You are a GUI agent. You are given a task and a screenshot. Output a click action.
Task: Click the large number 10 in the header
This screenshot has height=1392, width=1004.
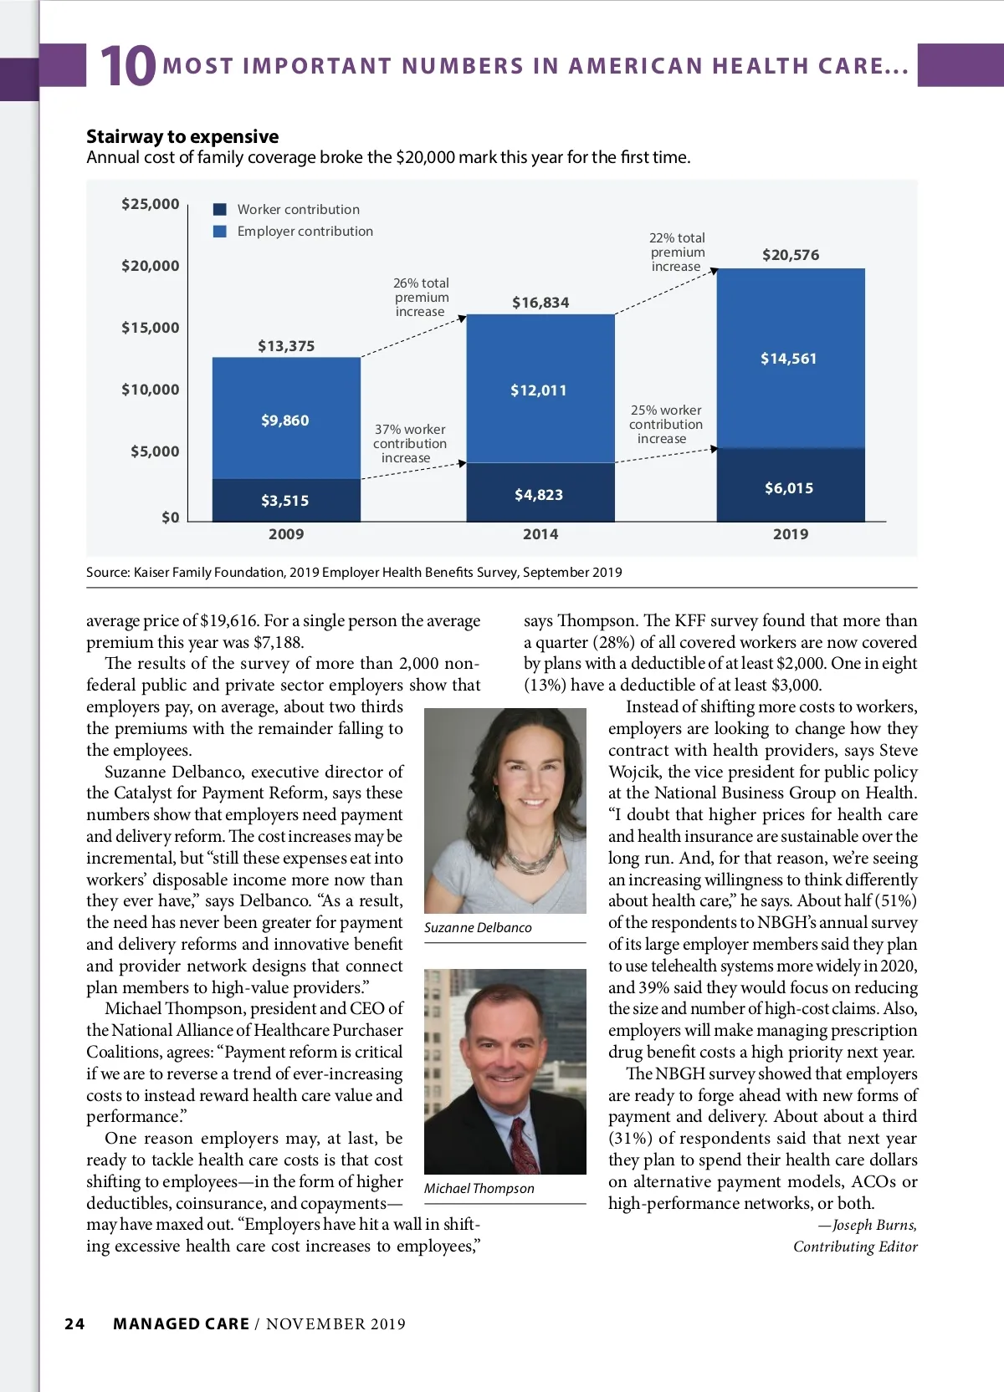[x=127, y=67]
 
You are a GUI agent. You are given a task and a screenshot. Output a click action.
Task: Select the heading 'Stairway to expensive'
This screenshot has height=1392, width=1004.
[x=182, y=136]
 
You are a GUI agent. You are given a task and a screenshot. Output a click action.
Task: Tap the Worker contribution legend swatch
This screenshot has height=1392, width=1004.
[x=220, y=209]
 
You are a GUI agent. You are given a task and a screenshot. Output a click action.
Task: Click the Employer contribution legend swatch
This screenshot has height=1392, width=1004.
[x=220, y=231]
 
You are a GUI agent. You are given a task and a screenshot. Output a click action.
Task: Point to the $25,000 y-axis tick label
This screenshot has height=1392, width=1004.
[x=151, y=204]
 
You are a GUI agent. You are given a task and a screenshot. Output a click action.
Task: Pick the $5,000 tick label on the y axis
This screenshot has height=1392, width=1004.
[x=155, y=451]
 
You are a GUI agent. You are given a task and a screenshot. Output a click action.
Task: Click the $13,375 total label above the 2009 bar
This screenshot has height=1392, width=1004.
[x=286, y=346]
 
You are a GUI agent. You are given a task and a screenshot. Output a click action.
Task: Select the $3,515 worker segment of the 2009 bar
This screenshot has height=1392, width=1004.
[x=285, y=500]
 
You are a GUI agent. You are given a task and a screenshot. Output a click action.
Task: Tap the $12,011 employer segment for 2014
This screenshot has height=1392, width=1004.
[x=539, y=390]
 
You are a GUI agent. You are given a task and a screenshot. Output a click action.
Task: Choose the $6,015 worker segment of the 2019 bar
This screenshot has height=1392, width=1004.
[x=789, y=487]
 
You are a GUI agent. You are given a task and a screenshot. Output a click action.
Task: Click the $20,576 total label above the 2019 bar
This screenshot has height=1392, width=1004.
[x=791, y=255]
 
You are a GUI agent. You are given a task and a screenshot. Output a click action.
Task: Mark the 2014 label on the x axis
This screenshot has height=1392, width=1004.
[x=540, y=534]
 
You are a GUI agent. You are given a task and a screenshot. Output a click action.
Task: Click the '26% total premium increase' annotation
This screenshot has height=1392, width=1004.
[x=421, y=298]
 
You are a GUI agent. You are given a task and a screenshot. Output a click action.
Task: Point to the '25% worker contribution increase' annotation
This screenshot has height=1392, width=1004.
[x=665, y=425]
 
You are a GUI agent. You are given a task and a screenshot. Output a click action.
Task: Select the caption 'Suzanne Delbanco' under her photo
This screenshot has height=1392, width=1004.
[x=478, y=927]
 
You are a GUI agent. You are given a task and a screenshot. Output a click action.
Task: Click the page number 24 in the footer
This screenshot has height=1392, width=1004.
[x=74, y=1323]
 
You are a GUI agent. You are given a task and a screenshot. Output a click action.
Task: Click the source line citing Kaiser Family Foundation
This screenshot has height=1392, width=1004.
[x=354, y=572]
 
